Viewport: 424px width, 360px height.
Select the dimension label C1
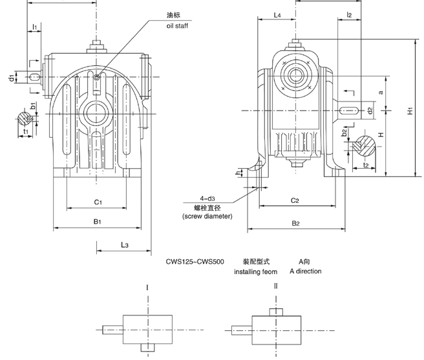(98, 202)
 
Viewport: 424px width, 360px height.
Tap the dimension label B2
(296, 223)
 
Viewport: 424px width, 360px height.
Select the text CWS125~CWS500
(195, 262)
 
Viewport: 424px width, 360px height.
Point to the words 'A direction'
(305, 271)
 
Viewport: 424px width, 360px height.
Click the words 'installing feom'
(255, 272)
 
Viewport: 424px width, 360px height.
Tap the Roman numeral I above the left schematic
(147, 286)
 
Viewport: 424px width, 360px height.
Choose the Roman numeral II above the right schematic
(277, 286)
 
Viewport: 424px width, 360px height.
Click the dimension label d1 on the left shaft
(12, 78)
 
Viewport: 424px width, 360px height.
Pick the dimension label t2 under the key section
(365, 165)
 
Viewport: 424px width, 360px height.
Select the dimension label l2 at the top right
(349, 14)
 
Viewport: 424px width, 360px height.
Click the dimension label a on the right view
(381, 92)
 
